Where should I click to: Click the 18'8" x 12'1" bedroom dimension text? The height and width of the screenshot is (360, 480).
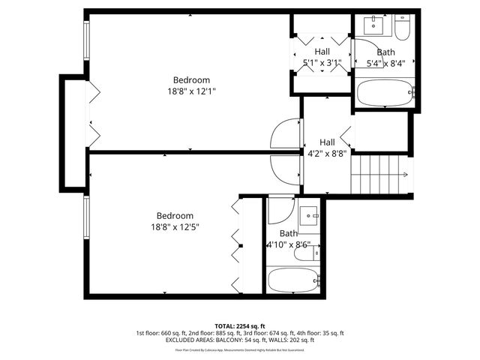[x=191, y=91]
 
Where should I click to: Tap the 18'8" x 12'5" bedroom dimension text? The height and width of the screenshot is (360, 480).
[x=175, y=226]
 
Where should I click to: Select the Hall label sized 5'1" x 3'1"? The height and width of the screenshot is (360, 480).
[x=322, y=52]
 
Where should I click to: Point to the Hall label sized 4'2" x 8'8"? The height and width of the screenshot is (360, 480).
[x=327, y=142]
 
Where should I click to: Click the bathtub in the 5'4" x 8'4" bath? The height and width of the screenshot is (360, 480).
[x=385, y=94]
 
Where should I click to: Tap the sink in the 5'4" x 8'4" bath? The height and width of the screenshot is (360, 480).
[x=374, y=25]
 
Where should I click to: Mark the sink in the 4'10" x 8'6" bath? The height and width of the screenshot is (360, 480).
[x=310, y=217]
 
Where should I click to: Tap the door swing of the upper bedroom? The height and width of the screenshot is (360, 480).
[x=285, y=135]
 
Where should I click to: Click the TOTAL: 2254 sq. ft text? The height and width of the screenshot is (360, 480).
[x=240, y=326]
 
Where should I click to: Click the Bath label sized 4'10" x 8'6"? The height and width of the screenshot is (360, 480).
[x=289, y=234]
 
